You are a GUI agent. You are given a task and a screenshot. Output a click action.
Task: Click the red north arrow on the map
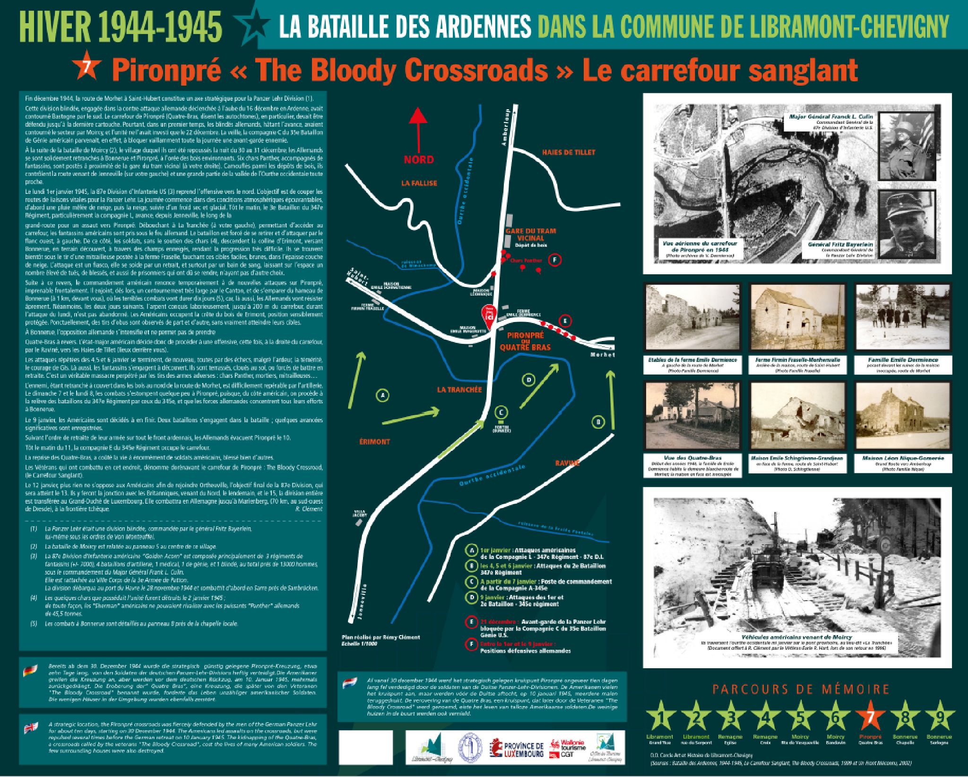point(418,128)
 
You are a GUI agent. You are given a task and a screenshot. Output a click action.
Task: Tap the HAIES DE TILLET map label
point(569,152)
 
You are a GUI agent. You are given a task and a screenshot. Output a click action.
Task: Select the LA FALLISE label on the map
point(419,183)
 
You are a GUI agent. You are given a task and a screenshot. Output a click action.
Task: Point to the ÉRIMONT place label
point(374,442)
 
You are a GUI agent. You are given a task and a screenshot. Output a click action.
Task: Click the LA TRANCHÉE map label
point(459,390)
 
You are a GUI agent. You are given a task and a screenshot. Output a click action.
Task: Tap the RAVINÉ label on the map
point(567,463)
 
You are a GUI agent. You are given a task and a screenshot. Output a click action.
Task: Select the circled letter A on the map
point(382,395)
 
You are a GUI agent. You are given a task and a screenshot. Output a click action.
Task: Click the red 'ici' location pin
point(489,314)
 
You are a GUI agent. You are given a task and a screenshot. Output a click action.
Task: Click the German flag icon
point(30,671)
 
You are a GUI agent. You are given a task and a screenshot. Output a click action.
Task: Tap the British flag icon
point(32,728)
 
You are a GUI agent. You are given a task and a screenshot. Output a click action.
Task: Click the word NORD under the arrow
point(419,159)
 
